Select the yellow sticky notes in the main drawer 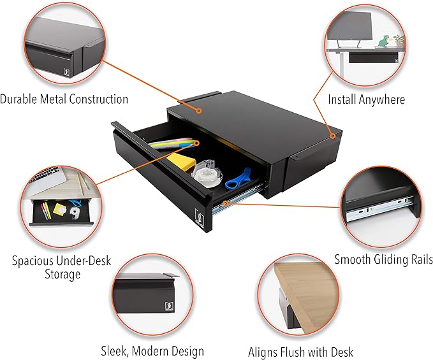(180, 161)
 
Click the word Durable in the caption (18, 99)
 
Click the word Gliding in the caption (392, 259)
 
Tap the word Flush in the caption (293, 352)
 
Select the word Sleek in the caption (114, 352)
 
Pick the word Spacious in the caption (33, 261)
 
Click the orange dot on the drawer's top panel (198, 111)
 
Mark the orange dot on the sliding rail (226, 203)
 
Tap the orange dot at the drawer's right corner (333, 136)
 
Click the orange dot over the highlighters (196, 143)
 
